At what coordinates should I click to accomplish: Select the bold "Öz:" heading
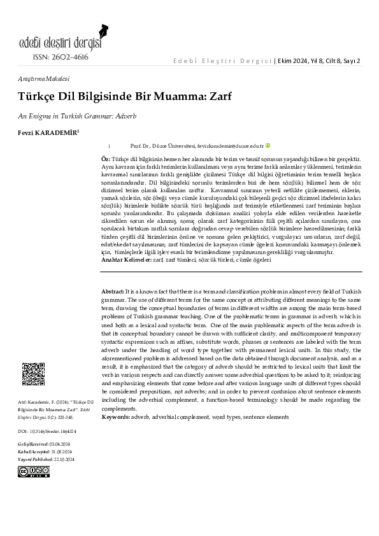point(106,158)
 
